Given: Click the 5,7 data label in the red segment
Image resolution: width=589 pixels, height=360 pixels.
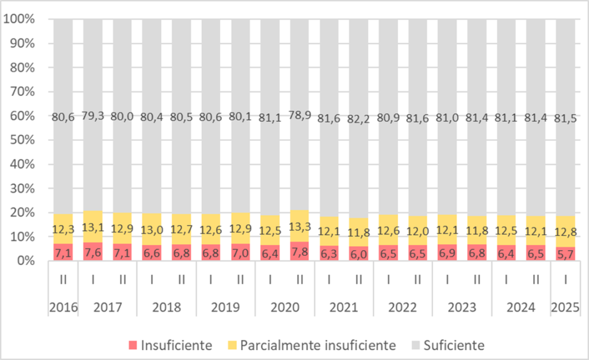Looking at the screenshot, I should pyautogui.click(x=565, y=253).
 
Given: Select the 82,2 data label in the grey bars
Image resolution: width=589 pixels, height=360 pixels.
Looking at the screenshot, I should pyautogui.click(x=358, y=118).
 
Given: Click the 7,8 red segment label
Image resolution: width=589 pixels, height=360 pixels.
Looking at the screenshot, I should pyautogui.click(x=299, y=253).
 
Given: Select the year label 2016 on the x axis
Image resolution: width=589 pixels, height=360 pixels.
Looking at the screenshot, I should pyautogui.click(x=63, y=308).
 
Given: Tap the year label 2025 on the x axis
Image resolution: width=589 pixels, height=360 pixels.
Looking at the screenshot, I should pyautogui.click(x=565, y=308).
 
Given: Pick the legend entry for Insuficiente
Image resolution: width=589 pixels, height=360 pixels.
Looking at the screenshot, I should pyautogui.click(x=170, y=346).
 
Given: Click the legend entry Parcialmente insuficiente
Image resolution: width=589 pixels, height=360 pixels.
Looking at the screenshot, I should pyautogui.click(x=310, y=346).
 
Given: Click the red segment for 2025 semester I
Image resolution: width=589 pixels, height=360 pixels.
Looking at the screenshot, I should pyautogui.click(x=565, y=254).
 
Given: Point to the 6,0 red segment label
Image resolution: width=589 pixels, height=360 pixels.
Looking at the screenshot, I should pyautogui.click(x=358, y=253).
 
